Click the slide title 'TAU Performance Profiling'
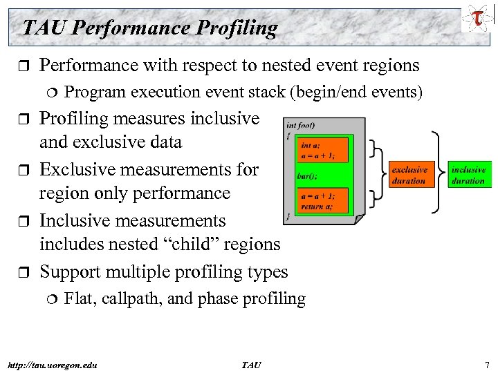(149, 28)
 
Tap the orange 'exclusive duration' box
(409, 175)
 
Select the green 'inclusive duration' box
(468, 175)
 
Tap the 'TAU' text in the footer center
(251, 364)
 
